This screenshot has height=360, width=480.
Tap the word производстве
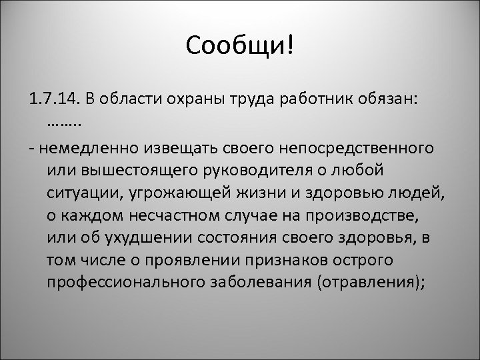[x=363, y=216]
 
